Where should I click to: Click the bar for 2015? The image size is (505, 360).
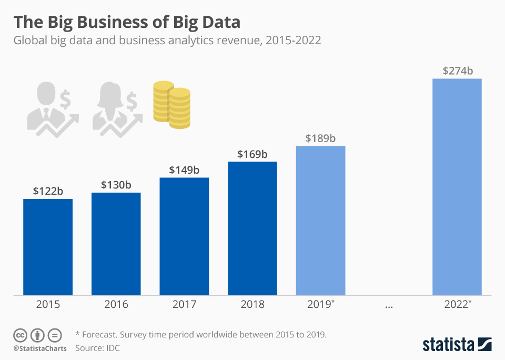click(48, 247)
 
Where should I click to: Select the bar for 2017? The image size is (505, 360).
click(184, 236)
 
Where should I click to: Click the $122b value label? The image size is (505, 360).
click(48, 191)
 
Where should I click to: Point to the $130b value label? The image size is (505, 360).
click(116, 185)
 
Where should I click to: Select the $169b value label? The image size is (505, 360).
click(252, 154)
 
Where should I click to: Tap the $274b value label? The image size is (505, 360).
click(457, 71)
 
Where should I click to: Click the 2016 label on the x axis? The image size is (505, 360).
click(116, 304)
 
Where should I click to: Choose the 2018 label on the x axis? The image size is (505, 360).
click(252, 304)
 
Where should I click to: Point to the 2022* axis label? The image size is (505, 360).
click(457, 304)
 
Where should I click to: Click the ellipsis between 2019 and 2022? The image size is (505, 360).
click(388, 305)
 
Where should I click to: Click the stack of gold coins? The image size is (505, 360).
click(171, 104)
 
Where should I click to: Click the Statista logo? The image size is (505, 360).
click(457, 345)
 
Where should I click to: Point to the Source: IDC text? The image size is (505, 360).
click(98, 348)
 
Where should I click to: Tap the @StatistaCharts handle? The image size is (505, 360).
click(40, 348)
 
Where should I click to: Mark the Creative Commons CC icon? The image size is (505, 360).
click(20, 335)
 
